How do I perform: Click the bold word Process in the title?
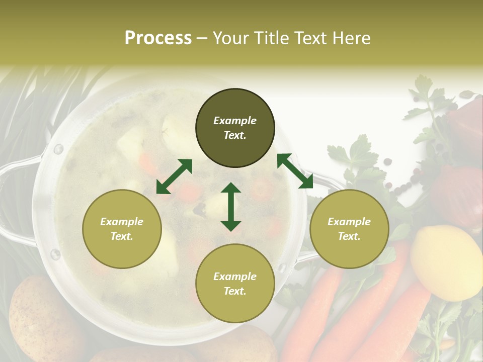(x=158, y=38)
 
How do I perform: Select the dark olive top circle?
(x=235, y=128)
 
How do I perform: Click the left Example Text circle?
(x=122, y=229)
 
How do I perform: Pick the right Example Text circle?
(x=349, y=229)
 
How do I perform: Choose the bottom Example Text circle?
(x=235, y=284)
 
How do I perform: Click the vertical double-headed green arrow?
(x=231, y=207)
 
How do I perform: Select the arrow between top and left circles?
(x=174, y=176)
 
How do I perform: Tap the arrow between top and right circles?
(x=295, y=171)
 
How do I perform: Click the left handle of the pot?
(x=15, y=201)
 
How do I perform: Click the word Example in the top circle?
(x=235, y=121)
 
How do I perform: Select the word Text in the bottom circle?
(x=235, y=291)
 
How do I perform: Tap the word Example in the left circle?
(x=122, y=222)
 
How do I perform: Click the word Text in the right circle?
(x=349, y=236)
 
